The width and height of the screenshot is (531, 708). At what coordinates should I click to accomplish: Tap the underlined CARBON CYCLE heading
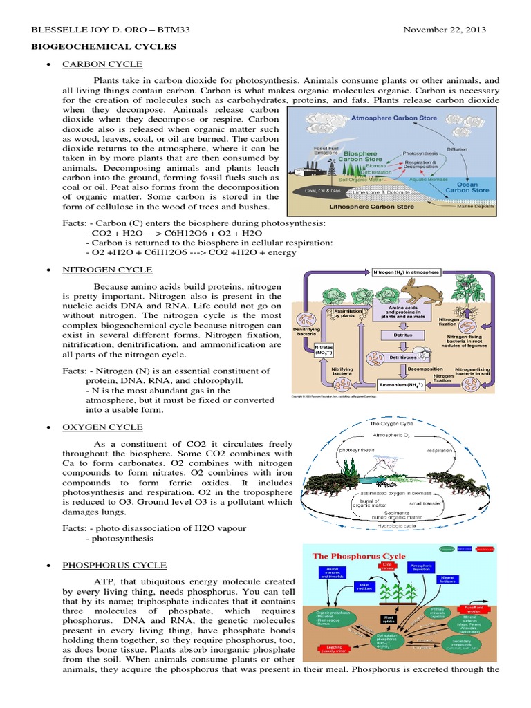(x=102, y=64)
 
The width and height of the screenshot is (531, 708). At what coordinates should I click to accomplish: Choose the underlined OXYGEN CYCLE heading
(x=103, y=427)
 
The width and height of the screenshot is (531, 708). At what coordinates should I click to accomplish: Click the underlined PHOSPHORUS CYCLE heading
(x=115, y=565)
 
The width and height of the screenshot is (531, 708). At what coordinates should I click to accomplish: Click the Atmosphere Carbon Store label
(x=394, y=118)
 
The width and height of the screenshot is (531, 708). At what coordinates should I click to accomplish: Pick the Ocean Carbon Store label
(x=467, y=187)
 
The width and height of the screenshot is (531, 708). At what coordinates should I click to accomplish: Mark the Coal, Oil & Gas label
(x=322, y=189)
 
